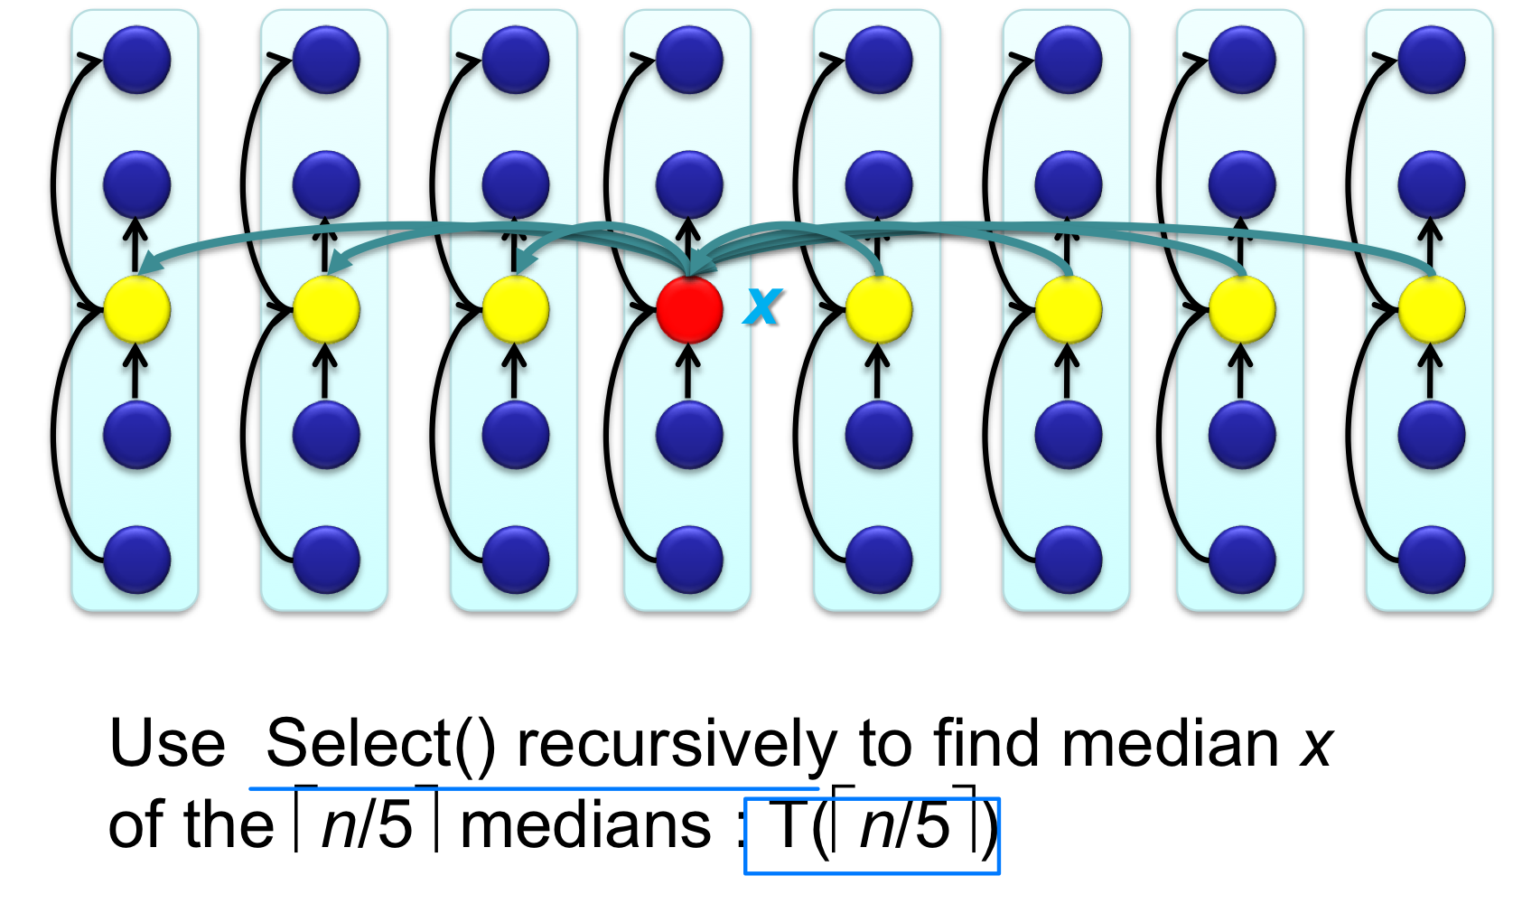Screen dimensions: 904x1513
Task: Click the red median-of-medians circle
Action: point(689,310)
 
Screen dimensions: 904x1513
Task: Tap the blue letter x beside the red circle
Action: point(762,306)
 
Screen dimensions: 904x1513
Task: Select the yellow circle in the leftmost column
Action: point(137,310)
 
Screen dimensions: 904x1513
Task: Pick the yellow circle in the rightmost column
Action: point(1431,310)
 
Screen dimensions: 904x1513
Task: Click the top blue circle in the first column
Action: point(137,60)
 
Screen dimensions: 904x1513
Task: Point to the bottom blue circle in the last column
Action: point(1431,560)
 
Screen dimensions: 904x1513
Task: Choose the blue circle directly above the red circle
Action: point(689,184)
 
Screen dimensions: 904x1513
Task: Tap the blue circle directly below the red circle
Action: point(689,435)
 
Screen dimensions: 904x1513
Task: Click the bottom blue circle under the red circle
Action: point(689,560)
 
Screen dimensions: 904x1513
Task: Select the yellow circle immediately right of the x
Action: point(879,310)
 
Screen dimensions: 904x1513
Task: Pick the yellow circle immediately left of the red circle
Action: point(516,310)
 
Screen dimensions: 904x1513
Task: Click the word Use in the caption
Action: point(167,744)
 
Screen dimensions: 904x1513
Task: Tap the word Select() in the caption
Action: point(380,744)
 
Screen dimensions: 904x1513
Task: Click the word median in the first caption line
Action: point(1171,744)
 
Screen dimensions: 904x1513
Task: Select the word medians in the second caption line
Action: point(586,825)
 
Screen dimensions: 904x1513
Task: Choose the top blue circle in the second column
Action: point(326,60)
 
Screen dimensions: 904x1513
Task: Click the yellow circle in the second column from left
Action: point(326,310)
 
